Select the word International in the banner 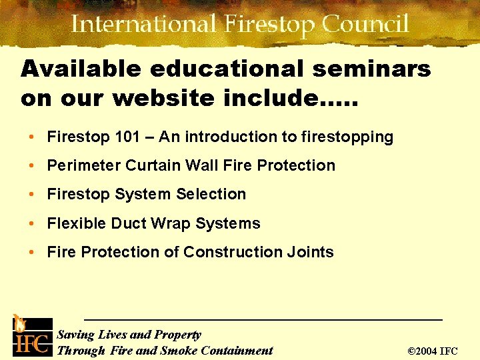coord(143,25)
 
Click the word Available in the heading coord(80,68)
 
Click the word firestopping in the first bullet coord(347,137)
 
